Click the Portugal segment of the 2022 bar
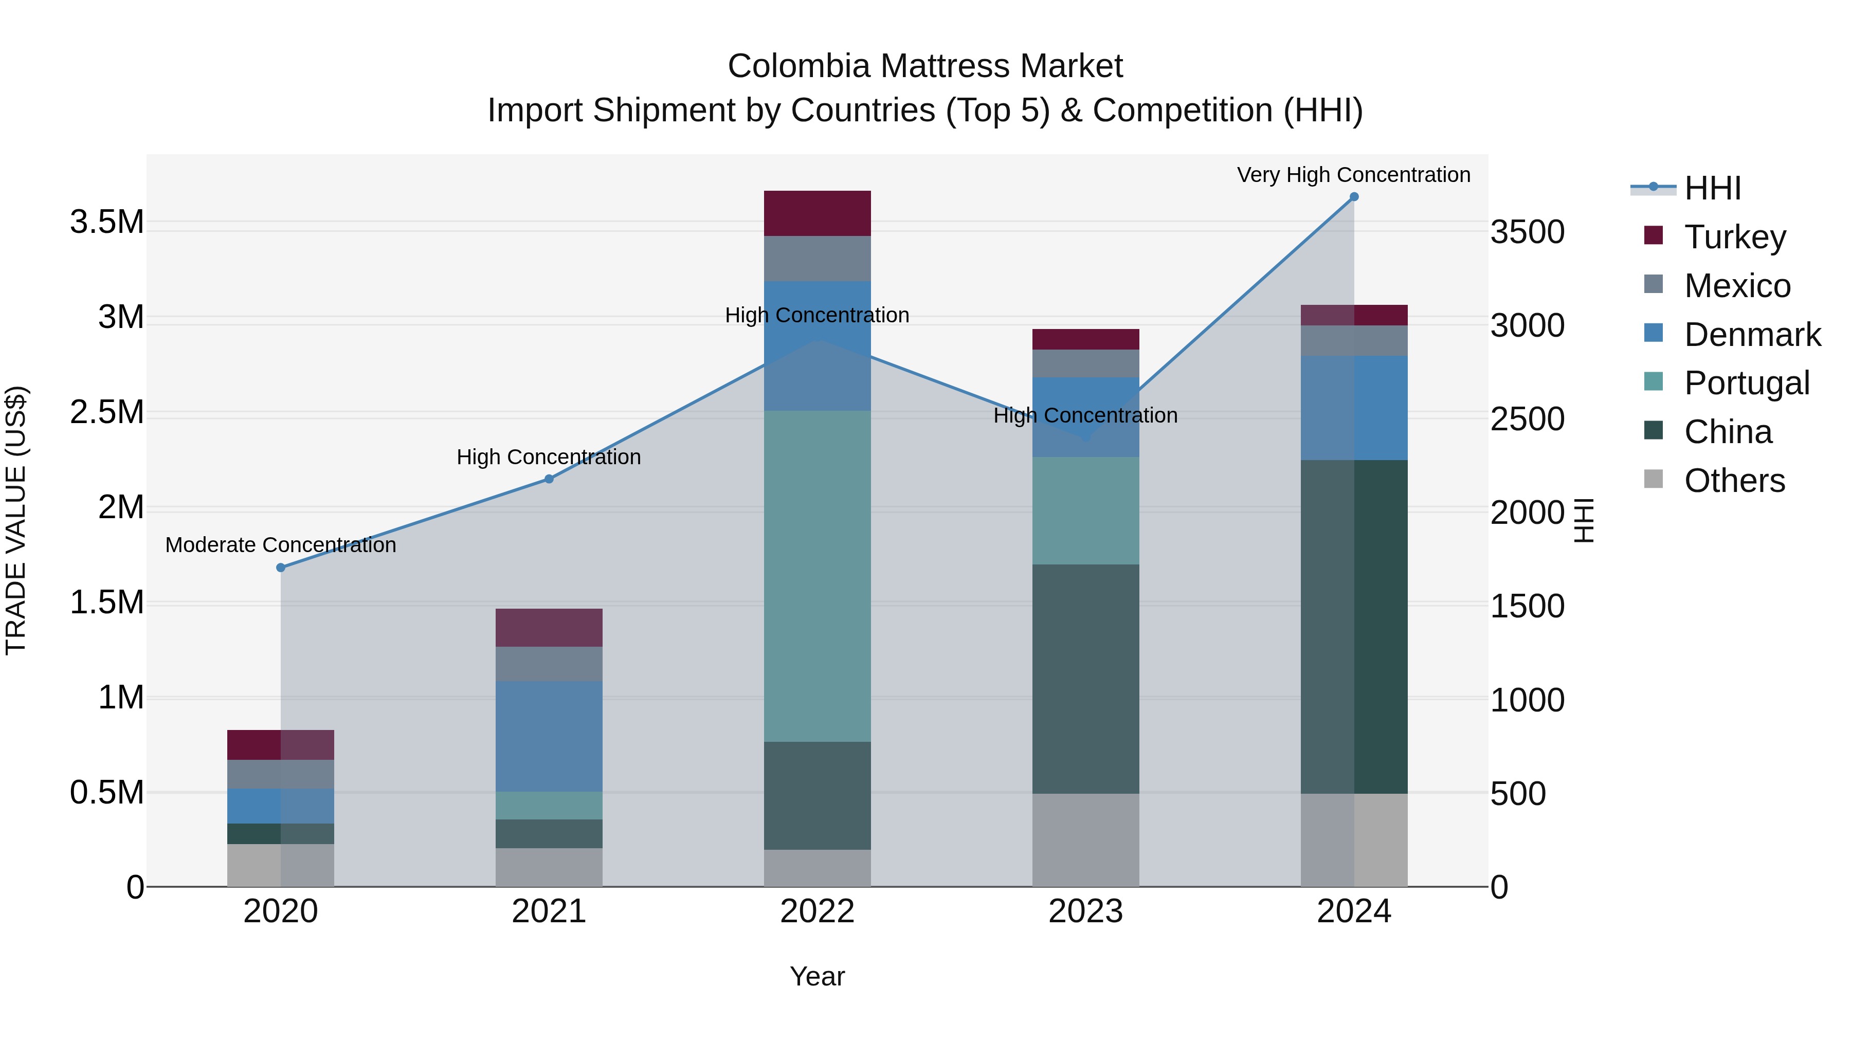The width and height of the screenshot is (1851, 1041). click(x=817, y=575)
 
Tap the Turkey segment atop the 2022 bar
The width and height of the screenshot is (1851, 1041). click(x=817, y=213)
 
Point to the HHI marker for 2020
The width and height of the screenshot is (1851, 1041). click(x=281, y=568)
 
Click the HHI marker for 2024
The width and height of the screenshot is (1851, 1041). click(x=1354, y=197)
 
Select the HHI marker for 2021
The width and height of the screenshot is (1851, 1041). click(x=549, y=479)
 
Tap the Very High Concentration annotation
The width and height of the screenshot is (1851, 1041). click(x=1353, y=175)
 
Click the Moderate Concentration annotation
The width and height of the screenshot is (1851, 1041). click(x=281, y=545)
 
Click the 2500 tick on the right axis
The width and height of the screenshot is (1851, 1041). click(x=1527, y=419)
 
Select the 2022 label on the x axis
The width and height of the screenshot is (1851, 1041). click(x=817, y=911)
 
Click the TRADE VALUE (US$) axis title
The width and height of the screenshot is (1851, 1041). click(x=16, y=520)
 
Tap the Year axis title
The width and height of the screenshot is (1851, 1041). click(x=817, y=976)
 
